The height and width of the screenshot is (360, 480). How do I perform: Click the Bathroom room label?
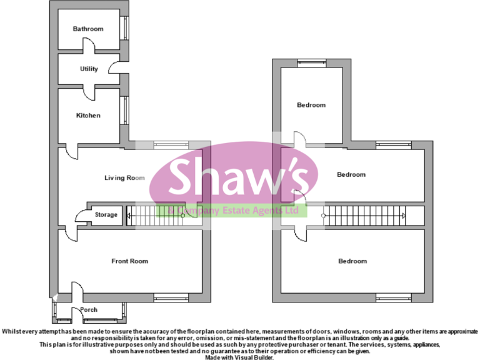pyautogui.click(x=88, y=29)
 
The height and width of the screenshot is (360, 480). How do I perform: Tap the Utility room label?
pyautogui.click(x=89, y=69)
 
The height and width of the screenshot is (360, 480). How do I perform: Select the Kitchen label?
pyautogui.click(x=88, y=116)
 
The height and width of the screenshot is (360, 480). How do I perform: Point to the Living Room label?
pyautogui.click(x=124, y=177)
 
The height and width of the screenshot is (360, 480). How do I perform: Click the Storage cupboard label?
pyautogui.click(x=106, y=215)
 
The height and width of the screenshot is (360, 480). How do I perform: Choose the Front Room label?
pyautogui.click(x=130, y=261)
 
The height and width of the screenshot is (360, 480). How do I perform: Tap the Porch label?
pyautogui.click(x=89, y=309)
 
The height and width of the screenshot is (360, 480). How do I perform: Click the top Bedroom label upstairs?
pyautogui.click(x=311, y=105)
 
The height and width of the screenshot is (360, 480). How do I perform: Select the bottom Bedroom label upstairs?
pyautogui.click(x=352, y=261)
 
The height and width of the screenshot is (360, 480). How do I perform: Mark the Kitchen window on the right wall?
pyautogui.click(x=124, y=110)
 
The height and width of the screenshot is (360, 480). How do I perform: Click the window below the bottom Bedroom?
pyautogui.click(x=394, y=297)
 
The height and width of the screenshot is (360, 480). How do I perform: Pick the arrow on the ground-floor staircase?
pyautogui.click(x=130, y=216)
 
